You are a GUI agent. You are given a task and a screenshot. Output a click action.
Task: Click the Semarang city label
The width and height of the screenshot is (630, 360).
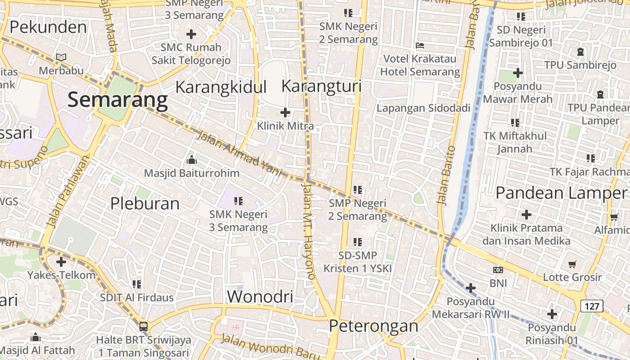tap(117, 100)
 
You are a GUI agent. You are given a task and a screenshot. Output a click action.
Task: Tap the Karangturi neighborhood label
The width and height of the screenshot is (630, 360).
tap(321, 86)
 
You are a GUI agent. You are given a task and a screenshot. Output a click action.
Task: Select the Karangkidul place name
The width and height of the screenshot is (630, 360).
tap(221, 87)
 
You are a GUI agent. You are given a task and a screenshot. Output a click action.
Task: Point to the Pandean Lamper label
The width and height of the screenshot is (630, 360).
tap(560, 193)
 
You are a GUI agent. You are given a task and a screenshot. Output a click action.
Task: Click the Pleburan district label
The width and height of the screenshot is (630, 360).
tap(145, 204)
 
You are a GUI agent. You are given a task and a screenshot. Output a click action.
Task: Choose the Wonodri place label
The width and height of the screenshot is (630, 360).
tap(260, 297)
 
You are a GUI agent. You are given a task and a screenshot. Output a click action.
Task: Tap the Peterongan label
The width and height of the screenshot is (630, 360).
tap(373, 326)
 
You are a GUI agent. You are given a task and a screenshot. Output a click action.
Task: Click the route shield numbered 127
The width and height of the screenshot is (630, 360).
tap(592, 306)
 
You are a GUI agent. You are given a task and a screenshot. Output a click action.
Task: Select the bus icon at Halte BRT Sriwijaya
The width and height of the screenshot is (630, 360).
tap(144, 327)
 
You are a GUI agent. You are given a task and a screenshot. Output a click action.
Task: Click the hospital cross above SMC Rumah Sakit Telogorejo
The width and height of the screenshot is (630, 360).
tap(191, 34)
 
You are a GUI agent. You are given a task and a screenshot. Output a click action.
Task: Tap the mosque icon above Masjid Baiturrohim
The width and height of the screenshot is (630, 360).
tap(192, 160)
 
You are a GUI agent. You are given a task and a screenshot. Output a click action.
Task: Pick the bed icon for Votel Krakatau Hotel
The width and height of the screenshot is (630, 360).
tap(419, 45)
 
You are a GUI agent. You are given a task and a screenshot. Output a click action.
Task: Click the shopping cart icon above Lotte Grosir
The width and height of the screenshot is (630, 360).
tap(572, 264)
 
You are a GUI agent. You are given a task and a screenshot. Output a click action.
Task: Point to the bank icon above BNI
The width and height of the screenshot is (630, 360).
tap(498, 270)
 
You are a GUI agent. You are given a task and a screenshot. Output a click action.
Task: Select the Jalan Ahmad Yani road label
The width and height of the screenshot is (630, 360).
tap(239, 154)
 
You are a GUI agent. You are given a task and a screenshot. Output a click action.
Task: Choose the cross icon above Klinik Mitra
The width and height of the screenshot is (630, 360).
tap(285, 112)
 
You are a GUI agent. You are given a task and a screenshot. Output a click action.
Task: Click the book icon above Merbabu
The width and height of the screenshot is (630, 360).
tap(61, 58)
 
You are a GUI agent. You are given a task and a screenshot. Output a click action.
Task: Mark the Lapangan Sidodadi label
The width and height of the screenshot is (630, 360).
tap(423, 108)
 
